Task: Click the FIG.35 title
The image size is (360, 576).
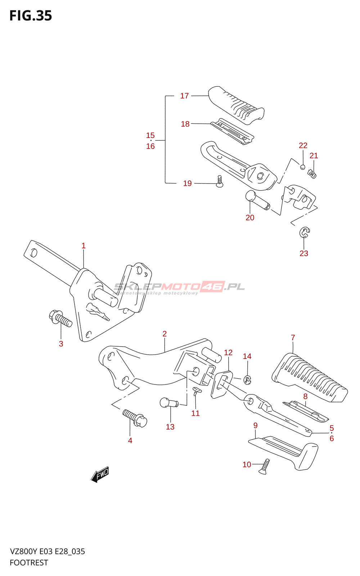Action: pyautogui.click(x=31, y=16)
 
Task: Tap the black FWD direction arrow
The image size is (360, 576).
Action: pyautogui.click(x=100, y=474)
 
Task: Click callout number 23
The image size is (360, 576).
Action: pyautogui.click(x=304, y=253)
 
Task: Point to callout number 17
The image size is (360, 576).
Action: pyautogui.click(x=184, y=96)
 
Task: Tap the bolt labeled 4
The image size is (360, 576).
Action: pyautogui.click(x=135, y=418)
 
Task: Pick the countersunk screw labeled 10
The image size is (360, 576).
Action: pyautogui.click(x=264, y=466)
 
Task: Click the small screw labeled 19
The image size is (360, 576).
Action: pyautogui.click(x=220, y=181)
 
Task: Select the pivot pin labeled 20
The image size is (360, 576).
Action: pyautogui.click(x=257, y=201)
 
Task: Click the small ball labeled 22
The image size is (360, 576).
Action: pyautogui.click(x=303, y=167)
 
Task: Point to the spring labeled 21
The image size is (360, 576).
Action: pyautogui.click(x=312, y=174)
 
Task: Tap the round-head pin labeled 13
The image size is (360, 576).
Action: pyautogui.click(x=168, y=402)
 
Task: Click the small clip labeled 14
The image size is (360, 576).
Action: pyautogui.click(x=247, y=379)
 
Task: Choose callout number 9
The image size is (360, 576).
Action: pyautogui.click(x=255, y=426)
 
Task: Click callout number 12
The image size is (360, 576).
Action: pyautogui.click(x=228, y=352)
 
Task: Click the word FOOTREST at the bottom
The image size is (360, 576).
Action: pyautogui.click(x=29, y=563)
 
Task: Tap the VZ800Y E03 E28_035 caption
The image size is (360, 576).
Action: pyautogui.click(x=48, y=552)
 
